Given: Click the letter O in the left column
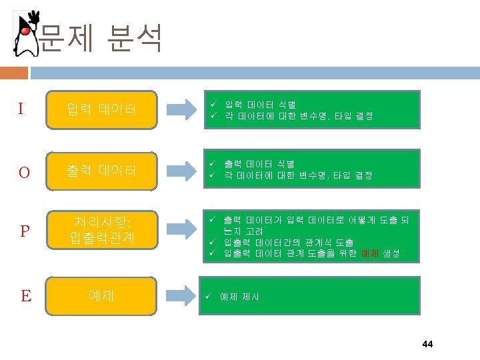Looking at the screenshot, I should pos(24,172).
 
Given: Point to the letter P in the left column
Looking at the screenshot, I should pos(25,231).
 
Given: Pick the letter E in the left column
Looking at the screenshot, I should pos(25,295).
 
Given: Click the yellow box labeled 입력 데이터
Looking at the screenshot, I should pos(101,109).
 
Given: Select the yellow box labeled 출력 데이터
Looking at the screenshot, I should pos(101,171).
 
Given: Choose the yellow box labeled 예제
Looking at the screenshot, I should pos(101,294).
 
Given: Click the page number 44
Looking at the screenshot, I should pos(427,344).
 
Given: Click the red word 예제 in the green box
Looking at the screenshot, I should pos(370,253).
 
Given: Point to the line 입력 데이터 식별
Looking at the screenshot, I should pos(261,105).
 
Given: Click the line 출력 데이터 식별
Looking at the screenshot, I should pos(261,164).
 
